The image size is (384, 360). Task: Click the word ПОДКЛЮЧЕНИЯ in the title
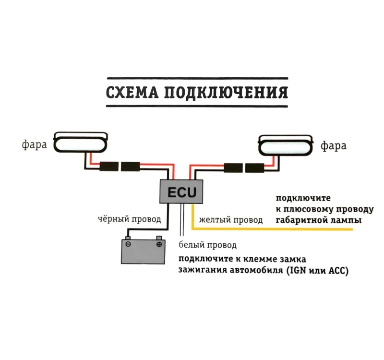(x=226, y=93)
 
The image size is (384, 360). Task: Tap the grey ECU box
(x=181, y=192)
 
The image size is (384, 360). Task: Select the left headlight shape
(x=80, y=143)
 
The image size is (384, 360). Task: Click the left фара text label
(x=35, y=144)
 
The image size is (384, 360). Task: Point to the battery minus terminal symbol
(x=128, y=244)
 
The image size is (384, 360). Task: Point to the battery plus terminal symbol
(x=159, y=244)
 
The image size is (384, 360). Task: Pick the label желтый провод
(x=231, y=220)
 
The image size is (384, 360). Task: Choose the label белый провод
(x=207, y=245)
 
